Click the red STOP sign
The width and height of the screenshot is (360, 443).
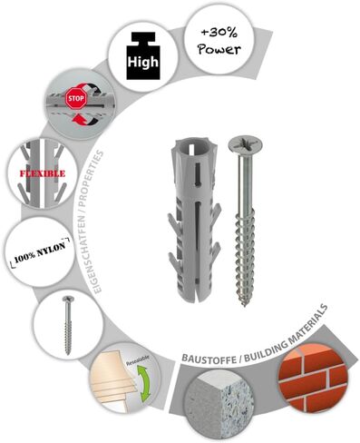pos(76,98)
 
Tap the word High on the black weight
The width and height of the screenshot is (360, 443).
pos(142,62)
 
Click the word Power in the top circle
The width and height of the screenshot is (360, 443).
pos(219,49)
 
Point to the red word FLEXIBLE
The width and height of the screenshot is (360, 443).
pos(43,173)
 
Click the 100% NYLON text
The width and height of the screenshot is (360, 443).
pos(40,251)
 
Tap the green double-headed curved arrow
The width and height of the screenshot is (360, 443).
pos(144,381)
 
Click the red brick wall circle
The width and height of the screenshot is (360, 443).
pos(313,378)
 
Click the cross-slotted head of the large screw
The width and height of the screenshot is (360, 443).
pos(245,144)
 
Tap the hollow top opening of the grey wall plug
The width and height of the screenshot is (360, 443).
pos(190,148)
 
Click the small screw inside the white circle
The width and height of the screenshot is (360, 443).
pos(67,325)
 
